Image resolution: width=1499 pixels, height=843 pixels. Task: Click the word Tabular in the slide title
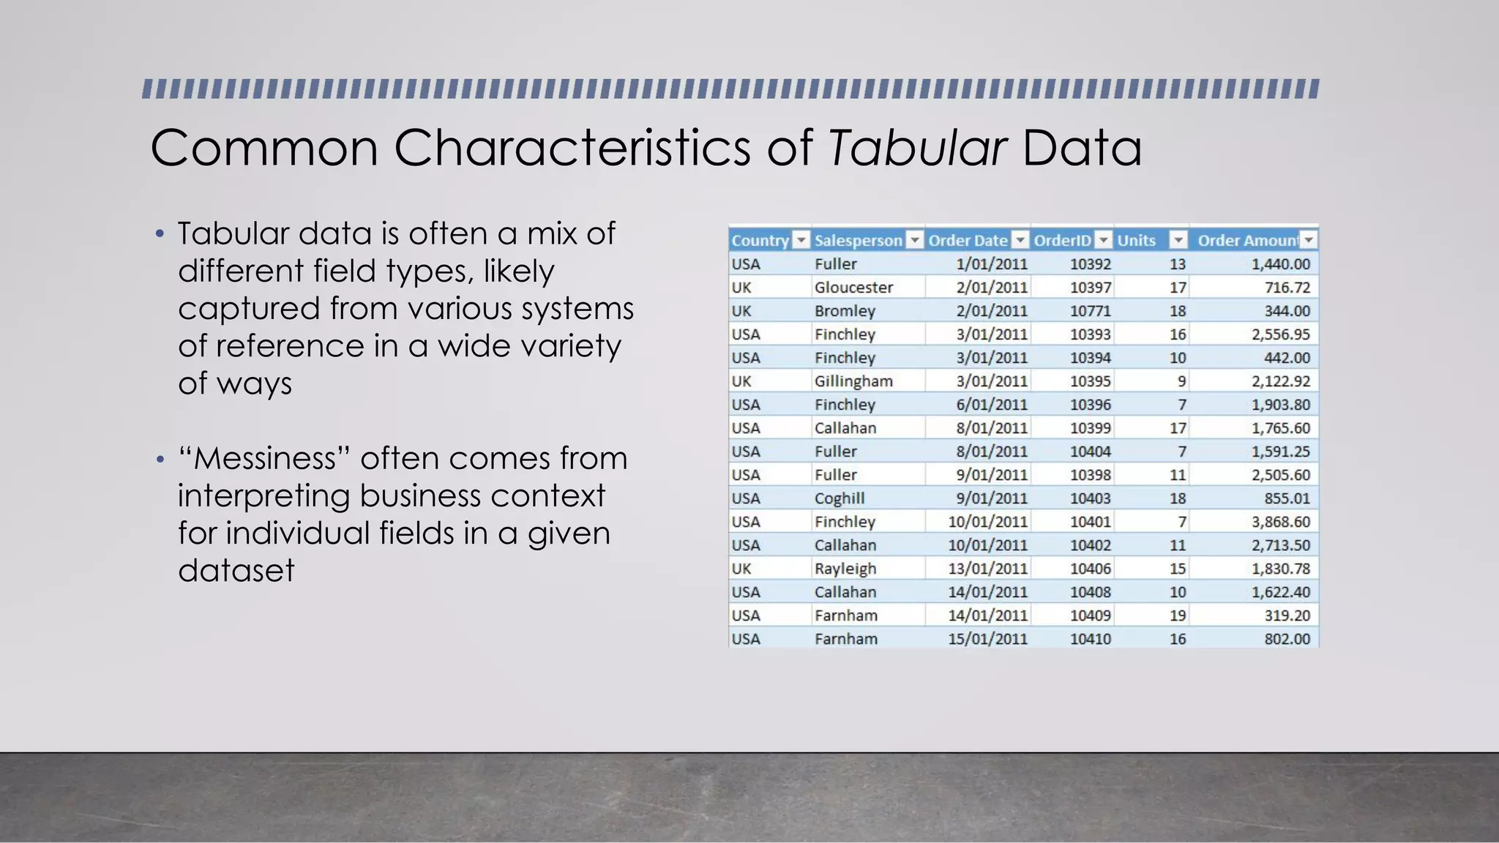[917, 148]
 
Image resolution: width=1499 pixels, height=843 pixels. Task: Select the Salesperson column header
[858, 240]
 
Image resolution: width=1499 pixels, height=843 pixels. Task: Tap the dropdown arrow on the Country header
[801, 240]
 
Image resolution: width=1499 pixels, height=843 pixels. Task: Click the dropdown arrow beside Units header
[1178, 240]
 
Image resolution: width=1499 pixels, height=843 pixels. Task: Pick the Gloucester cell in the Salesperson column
[853, 288]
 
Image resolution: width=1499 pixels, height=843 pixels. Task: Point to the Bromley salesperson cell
[845, 311]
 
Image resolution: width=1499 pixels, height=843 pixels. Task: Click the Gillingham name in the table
[853, 381]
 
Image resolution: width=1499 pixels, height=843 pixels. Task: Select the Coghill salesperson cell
[840, 498]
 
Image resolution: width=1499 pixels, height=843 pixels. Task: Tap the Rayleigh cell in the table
[845, 569]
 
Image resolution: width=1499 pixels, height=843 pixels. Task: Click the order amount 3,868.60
[1280, 522]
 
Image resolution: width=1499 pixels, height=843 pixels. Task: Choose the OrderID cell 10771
[1090, 311]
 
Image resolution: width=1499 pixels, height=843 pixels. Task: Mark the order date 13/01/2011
[987, 569]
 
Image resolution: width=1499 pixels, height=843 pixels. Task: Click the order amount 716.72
[1287, 288]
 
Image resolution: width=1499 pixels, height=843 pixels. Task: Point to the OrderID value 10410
[1090, 639]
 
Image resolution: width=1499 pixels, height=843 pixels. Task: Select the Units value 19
[1177, 615]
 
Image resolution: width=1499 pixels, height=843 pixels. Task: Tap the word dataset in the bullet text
[236, 571]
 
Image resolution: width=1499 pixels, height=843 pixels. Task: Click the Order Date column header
[968, 240]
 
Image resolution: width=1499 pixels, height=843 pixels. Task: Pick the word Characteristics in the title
[572, 148]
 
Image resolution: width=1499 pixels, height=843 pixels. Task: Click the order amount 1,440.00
[1280, 264]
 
